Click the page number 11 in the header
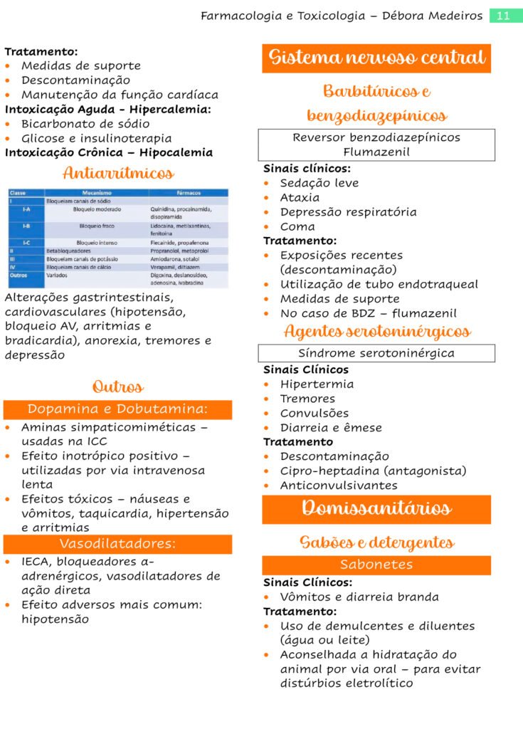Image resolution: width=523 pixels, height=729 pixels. tap(504, 16)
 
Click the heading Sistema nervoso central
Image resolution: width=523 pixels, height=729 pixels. tap(376, 58)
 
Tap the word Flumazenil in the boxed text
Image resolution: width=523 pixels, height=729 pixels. tap(376, 152)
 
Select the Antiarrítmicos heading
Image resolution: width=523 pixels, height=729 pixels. tap(118, 173)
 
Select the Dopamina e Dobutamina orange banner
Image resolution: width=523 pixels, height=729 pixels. tap(117, 409)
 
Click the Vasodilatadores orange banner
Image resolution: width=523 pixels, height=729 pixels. tap(117, 544)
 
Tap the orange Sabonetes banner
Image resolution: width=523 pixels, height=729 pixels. tap(376, 565)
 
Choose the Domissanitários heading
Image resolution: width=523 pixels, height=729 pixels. tap(376, 508)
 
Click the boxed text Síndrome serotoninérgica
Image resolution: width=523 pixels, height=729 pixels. tap(376, 353)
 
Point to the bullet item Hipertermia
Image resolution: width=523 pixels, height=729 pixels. tap(317, 384)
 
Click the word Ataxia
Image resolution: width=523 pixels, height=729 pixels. tap(300, 198)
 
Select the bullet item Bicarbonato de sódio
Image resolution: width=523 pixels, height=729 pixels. tap(85, 124)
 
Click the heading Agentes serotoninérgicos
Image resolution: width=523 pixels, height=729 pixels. tap(376, 332)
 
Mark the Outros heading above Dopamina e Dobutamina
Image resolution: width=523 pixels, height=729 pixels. tap(117, 387)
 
